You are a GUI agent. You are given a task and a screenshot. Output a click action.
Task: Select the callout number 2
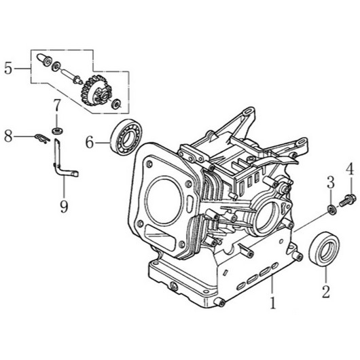tap(325, 293)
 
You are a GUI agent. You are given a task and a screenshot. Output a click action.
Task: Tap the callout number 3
tap(330, 181)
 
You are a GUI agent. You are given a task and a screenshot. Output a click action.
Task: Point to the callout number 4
tap(350, 168)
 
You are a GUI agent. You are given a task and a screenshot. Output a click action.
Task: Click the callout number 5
tap(7, 68)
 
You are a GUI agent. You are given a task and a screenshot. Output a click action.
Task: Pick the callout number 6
tap(88, 142)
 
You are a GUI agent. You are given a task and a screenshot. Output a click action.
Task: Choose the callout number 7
tap(58, 105)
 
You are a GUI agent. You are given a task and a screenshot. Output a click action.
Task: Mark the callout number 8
tap(8, 137)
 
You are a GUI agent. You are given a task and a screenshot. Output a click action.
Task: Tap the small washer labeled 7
tap(58, 128)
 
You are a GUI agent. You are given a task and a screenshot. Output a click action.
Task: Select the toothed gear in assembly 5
tap(94, 88)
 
